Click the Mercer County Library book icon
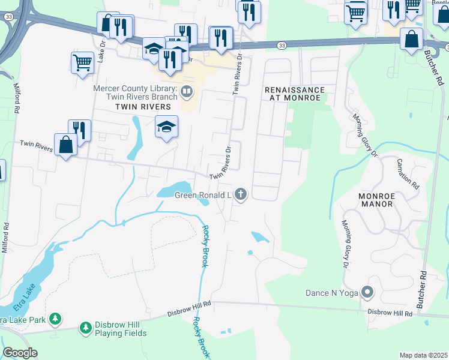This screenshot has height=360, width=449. coord(187,92)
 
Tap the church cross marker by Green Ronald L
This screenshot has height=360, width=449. coord(241,194)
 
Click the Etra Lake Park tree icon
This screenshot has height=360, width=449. coord(55,318)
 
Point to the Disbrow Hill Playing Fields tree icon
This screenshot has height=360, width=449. coord(85,328)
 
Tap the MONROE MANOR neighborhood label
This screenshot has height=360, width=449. coord(376,200)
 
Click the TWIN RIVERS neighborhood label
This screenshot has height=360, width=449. coord(135,106)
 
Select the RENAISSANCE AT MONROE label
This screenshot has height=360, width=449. coord(295,94)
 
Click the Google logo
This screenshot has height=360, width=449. coord(20,353)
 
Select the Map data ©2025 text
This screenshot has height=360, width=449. coord(423,355)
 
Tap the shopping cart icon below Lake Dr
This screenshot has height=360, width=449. coord(82,62)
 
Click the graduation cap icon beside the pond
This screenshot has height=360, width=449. coord(166,126)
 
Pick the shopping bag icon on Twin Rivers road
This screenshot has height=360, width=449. coord(65,145)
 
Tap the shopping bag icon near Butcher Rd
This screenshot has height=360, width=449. coord(411,40)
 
